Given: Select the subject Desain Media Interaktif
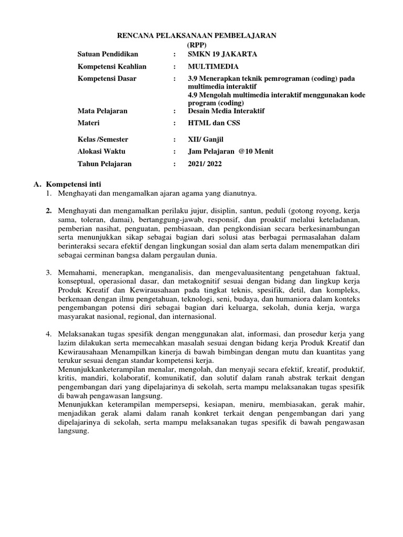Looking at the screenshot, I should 226,111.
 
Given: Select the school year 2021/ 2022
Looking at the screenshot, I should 205,164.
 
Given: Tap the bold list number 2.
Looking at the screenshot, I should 49,210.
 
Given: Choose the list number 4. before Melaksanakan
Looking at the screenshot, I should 49,334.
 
